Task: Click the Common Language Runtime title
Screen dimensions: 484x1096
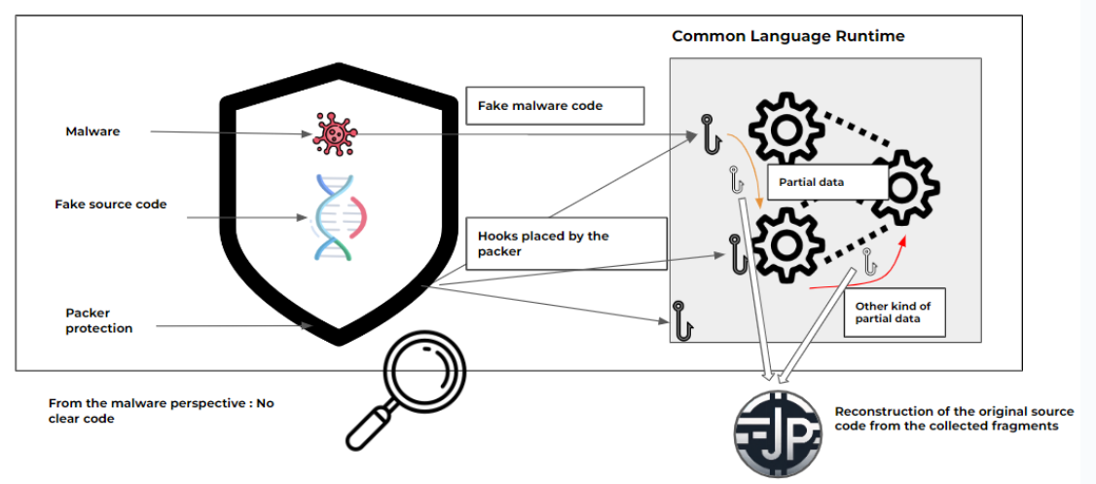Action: coord(787,36)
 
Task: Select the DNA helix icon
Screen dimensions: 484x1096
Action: coord(334,218)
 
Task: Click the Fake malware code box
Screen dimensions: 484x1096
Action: coord(556,105)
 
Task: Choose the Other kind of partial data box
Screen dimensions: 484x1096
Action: coord(895,312)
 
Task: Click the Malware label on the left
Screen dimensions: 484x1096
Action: coord(92,130)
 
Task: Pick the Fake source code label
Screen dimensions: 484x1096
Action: coord(110,205)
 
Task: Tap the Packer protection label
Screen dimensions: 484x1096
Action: coord(98,320)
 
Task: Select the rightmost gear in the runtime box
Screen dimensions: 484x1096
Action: coord(904,186)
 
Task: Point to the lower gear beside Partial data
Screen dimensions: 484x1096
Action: coord(784,244)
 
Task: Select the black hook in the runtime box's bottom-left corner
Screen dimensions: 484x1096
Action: coord(682,318)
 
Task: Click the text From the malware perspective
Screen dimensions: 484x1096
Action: coord(161,410)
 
